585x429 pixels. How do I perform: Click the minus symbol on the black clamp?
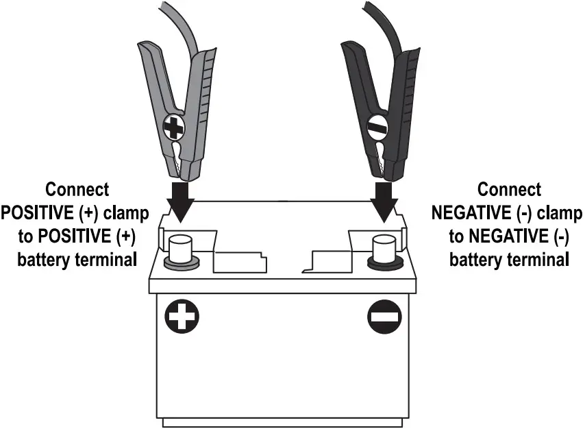tap(377, 127)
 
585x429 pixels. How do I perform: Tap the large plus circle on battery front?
tap(182, 317)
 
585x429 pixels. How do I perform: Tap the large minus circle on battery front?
tap(382, 317)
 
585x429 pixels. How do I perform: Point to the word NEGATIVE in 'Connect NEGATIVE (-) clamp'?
tap(471, 213)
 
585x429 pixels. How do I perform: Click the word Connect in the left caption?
tap(76, 190)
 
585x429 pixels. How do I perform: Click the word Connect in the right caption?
tap(509, 190)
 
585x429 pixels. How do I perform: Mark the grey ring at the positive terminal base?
tap(181, 262)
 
